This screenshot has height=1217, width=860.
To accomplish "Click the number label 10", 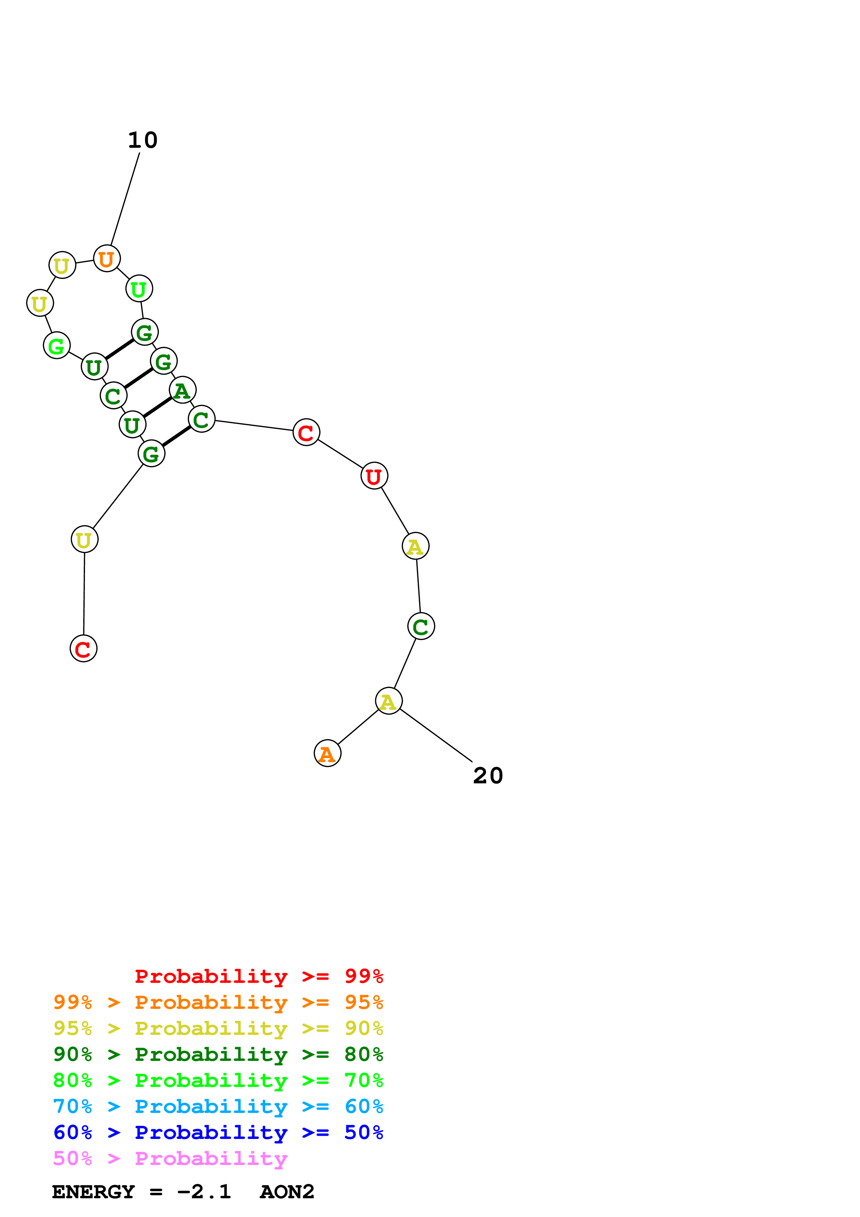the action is click(x=143, y=141).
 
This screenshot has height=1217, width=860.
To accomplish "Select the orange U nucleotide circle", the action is click(x=107, y=259).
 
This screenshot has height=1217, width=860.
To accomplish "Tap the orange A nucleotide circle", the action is click(x=327, y=753).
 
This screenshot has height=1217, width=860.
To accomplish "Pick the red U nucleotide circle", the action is click(x=374, y=476).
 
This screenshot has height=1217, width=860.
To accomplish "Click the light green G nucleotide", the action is click(x=57, y=346).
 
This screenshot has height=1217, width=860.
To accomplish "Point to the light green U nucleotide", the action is click(x=139, y=289).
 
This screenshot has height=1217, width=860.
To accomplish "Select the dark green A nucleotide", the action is click(x=182, y=390).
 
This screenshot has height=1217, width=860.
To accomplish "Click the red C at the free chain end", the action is click(x=84, y=648).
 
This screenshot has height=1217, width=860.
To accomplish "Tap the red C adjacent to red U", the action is click(x=306, y=433).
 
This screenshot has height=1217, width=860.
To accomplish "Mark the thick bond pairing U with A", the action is click(x=157, y=407).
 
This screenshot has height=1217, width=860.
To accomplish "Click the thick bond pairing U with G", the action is click(x=119, y=349).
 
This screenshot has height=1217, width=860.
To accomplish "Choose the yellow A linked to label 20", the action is click(x=389, y=701).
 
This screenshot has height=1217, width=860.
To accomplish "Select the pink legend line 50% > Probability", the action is click(x=170, y=1158).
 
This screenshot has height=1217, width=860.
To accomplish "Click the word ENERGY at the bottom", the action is click(x=93, y=1192).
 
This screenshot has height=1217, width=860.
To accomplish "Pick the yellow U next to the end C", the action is click(x=84, y=539).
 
